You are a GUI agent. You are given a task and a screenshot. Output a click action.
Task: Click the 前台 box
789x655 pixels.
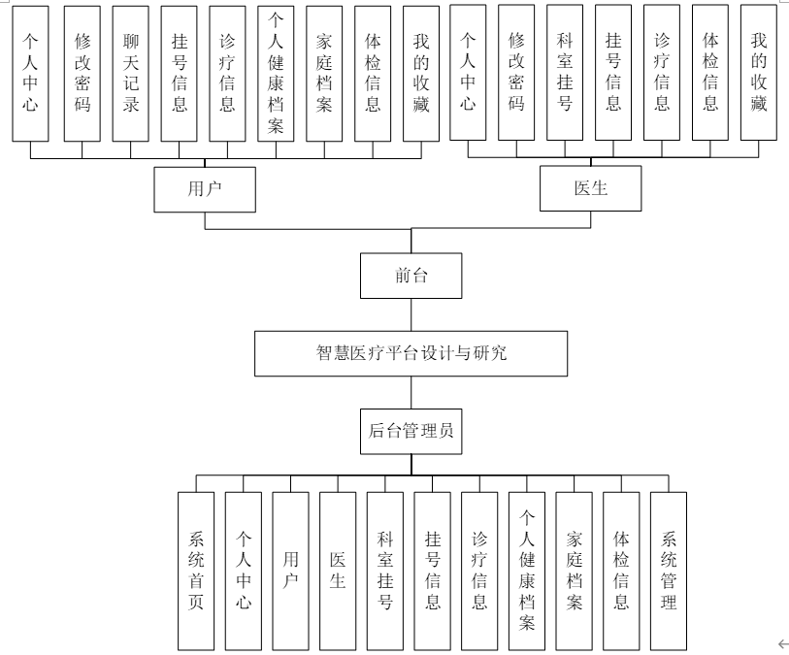tap(411, 277)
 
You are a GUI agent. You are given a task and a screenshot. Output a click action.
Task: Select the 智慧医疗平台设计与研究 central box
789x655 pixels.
tap(411, 353)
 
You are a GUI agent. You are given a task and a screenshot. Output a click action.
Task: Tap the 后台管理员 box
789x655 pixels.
tap(411, 430)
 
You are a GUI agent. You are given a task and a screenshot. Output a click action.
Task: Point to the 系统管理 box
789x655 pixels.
tap(668, 571)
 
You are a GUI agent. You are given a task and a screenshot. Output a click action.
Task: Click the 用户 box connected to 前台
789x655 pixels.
tap(204, 189)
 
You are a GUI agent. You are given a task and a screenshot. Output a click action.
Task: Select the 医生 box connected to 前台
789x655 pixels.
tap(590, 189)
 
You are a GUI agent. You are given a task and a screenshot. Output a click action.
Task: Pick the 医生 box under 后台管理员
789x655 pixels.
tap(338, 571)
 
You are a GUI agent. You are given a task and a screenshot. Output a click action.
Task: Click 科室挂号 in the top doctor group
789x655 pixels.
tap(565, 73)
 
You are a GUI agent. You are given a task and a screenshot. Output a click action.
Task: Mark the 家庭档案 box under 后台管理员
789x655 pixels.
tap(574, 571)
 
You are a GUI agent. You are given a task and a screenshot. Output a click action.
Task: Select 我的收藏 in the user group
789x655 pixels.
tap(420, 73)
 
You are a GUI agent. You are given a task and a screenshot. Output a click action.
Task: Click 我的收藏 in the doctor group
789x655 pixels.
tap(759, 73)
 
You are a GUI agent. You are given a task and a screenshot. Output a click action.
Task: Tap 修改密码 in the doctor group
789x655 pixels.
tap(516, 73)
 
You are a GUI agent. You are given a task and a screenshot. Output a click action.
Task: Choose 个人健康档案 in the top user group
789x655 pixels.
tap(277, 73)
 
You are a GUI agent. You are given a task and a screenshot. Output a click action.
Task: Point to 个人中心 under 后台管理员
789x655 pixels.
tap(244, 571)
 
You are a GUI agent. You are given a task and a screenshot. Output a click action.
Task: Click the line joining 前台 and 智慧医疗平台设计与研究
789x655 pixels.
tap(411, 314)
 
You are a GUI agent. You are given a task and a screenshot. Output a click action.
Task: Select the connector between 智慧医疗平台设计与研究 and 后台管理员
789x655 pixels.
tap(411, 391)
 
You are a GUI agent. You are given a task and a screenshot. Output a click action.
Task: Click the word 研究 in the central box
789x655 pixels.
tap(491, 353)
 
